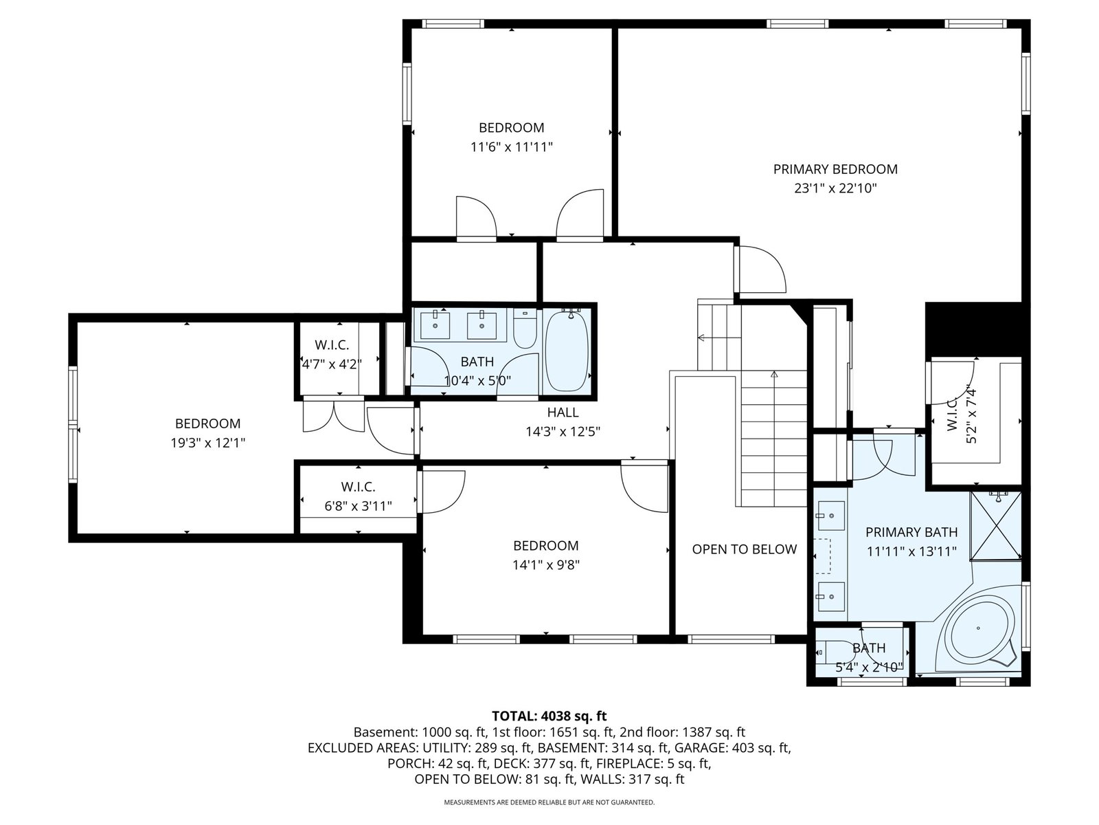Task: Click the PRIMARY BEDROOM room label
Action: pyautogui.click(x=835, y=169)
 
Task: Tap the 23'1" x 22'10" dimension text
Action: pyautogui.click(x=835, y=188)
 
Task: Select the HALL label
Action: pyautogui.click(x=563, y=412)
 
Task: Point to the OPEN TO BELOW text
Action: pyautogui.click(x=744, y=549)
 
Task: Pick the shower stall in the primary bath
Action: pyautogui.click(x=995, y=525)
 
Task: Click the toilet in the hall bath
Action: pyautogui.click(x=525, y=328)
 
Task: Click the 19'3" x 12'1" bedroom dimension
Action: pyautogui.click(x=208, y=443)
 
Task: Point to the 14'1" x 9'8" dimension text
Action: pyautogui.click(x=546, y=565)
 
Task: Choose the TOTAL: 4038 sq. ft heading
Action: pyautogui.click(x=549, y=716)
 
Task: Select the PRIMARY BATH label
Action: pyautogui.click(x=911, y=532)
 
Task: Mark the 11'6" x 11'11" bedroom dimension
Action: pyautogui.click(x=511, y=146)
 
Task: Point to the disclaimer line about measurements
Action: pyautogui.click(x=549, y=802)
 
